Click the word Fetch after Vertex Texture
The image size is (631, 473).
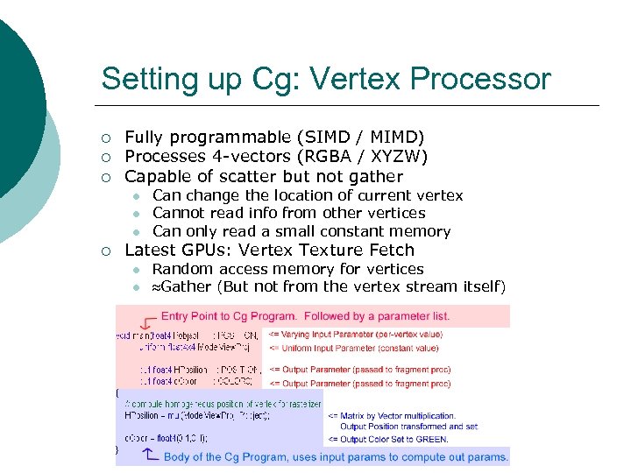[384, 251]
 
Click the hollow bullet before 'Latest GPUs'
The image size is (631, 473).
[106, 251]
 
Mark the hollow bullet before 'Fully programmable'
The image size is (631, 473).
[106, 138]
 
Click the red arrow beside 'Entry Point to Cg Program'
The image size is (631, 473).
[145, 321]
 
